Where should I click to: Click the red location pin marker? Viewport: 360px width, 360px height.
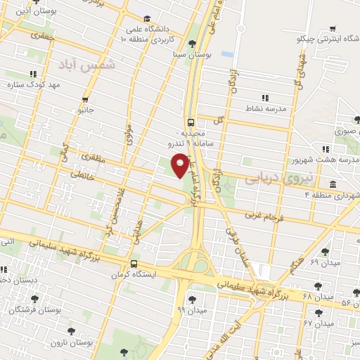tap(180, 164)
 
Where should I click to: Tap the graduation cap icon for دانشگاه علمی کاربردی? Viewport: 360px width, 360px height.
tap(146, 19)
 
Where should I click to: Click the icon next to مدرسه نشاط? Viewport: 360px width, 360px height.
tap(264, 98)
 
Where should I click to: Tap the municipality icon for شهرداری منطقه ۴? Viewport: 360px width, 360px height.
tap(332, 184)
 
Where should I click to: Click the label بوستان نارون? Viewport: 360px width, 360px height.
tap(67, 342)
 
